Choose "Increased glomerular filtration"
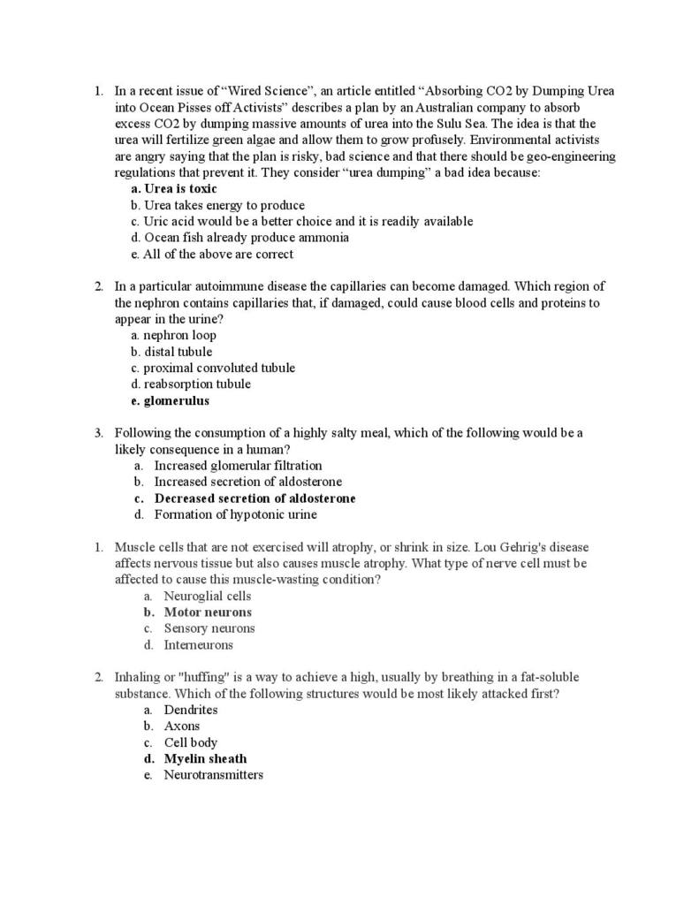click(x=238, y=465)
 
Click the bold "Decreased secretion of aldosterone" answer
click(x=255, y=498)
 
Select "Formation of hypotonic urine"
click(x=235, y=514)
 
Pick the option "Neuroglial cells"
click(x=208, y=596)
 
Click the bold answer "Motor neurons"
click(x=208, y=612)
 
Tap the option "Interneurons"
click(x=198, y=644)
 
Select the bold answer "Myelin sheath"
click(x=205, y=758)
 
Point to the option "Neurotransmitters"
click(x=213, y=775)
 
